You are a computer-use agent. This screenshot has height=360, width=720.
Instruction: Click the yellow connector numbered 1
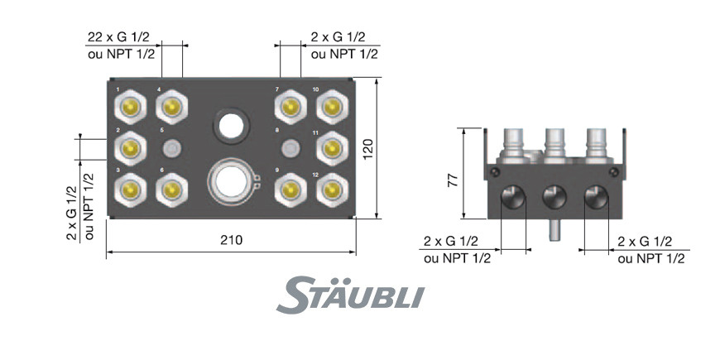click(x=131, y=108)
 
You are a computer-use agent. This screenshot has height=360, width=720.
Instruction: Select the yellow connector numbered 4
click(x=172, y=108)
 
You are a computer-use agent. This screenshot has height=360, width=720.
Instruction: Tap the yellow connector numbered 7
click(x=290, y=108)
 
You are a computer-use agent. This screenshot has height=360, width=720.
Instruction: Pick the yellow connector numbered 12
click(x=332, y=190)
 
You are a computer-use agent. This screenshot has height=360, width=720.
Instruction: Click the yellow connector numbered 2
click(x=131, y=148)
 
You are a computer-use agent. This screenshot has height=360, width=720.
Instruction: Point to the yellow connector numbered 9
click(x=290, y=190)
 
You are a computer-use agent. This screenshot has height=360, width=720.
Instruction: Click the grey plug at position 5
click(x=172, y=148)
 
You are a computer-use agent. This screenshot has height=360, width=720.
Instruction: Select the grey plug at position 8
click(x=290, y=148)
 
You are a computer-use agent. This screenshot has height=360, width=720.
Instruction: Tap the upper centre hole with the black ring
click(x=231, y=125)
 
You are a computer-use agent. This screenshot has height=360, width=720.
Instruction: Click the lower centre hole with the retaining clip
click(x=232, y=181)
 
